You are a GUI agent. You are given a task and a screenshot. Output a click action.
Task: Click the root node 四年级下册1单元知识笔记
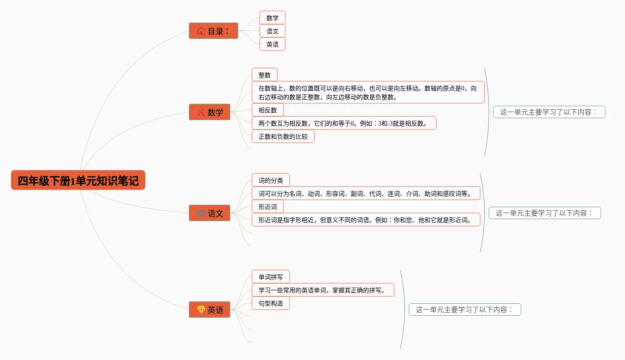(78, 180)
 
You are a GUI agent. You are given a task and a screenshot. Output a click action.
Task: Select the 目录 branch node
(213, 31)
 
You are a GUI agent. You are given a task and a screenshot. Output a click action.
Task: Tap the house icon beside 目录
(201, 31)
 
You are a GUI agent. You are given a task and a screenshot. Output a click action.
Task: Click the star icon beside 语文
(201, 213)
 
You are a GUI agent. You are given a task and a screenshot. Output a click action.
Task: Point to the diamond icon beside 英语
(201, 310)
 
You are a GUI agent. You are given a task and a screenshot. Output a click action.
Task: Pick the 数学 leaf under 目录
(272, 18)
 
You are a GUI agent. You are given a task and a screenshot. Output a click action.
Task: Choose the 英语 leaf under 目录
(272, 44)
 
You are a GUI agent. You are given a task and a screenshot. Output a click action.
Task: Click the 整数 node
(264, 75)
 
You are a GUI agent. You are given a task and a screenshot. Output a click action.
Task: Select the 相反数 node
(267, 110)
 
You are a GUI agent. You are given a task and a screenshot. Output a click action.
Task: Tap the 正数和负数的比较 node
(283, 137)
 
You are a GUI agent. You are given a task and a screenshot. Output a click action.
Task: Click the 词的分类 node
(270, 180)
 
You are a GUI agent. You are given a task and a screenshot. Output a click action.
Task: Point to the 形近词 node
(267, 207)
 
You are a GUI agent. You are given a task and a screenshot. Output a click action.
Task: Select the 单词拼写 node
(270, 277)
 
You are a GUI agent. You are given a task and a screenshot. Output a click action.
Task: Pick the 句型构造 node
(270, 303)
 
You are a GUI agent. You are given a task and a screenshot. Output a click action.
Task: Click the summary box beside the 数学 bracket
(549, 112)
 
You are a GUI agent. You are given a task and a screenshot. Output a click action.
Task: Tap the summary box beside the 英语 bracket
(464, 310)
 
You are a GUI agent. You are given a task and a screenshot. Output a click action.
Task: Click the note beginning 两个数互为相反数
(344, 123)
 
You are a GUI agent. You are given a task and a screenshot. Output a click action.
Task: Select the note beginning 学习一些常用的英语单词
(323, 290)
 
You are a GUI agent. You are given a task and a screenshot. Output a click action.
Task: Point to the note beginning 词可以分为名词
(366, 194)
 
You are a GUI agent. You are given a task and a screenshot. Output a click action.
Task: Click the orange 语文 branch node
(209, 213)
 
